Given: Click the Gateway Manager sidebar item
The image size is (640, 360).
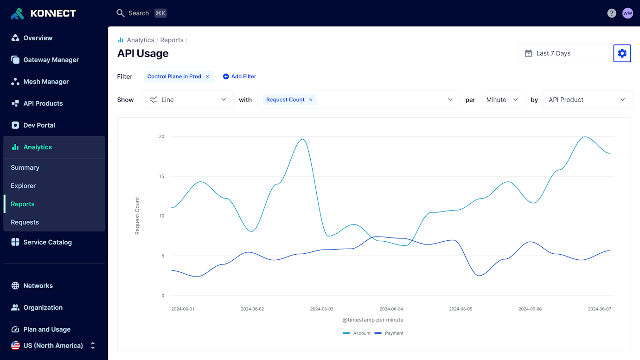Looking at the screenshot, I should (51, 60).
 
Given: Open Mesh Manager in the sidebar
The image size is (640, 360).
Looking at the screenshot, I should (46, 82).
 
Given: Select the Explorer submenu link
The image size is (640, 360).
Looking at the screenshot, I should (23, 186).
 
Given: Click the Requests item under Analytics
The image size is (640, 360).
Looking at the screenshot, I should (25, 222).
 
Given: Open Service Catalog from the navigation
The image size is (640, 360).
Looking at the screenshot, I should (47, 242).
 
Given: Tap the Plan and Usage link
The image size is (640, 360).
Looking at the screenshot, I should (47, 329).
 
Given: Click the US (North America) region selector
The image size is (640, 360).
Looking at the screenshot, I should (53, 346).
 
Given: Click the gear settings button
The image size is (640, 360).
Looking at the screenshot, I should (622, 53).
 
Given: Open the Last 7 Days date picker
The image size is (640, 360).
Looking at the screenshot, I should (563, 53).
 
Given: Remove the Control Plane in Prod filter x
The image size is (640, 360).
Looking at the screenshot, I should (208, 77).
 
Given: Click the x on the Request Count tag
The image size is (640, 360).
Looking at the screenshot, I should (311, 100).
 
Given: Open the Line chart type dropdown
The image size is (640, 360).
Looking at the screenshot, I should (188, 100).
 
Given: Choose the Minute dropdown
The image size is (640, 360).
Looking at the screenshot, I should (503, 100).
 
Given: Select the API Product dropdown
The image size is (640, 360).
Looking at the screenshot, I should (587, 100).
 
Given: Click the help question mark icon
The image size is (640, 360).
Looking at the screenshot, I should (612, 13).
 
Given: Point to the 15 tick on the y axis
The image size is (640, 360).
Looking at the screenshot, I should (161, 176).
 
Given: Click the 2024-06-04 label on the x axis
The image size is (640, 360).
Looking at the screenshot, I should (391, 309).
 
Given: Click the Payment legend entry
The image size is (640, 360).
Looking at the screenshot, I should (390, 333).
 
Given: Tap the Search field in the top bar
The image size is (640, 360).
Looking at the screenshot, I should (139, 13).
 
